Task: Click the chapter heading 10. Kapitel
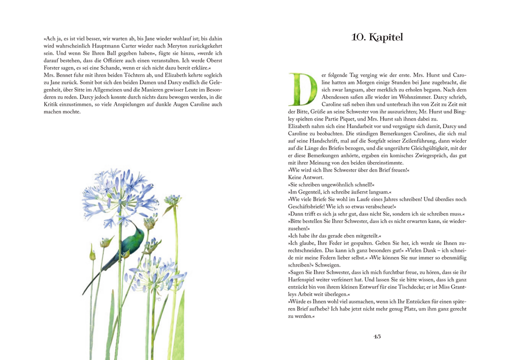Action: pyautogui.click(x=377, y=37)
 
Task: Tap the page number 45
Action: pyautogui.click(x=377, y=336)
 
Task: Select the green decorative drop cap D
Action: pyautogui.click(x=302, y=89)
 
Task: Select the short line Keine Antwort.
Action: pyautogui.click(x=305, y=177)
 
